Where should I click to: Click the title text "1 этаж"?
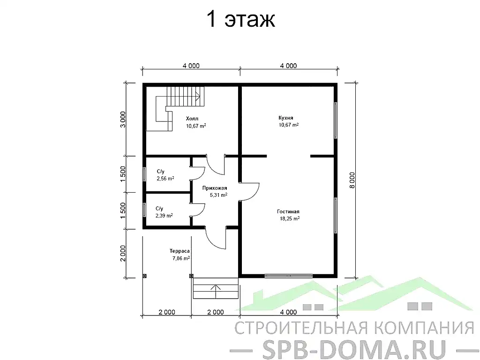(x=240, y=20)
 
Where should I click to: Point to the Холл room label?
(x=192, y=119)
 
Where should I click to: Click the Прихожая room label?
(x=215, y=188)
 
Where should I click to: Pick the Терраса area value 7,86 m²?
(x=180, y=258)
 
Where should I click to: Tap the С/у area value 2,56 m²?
(x=165, y=179)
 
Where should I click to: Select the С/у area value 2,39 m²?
(x=164, y=216)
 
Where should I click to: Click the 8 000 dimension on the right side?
(x=353, y=180)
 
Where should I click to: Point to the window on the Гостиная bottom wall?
(x=288, y=276)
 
